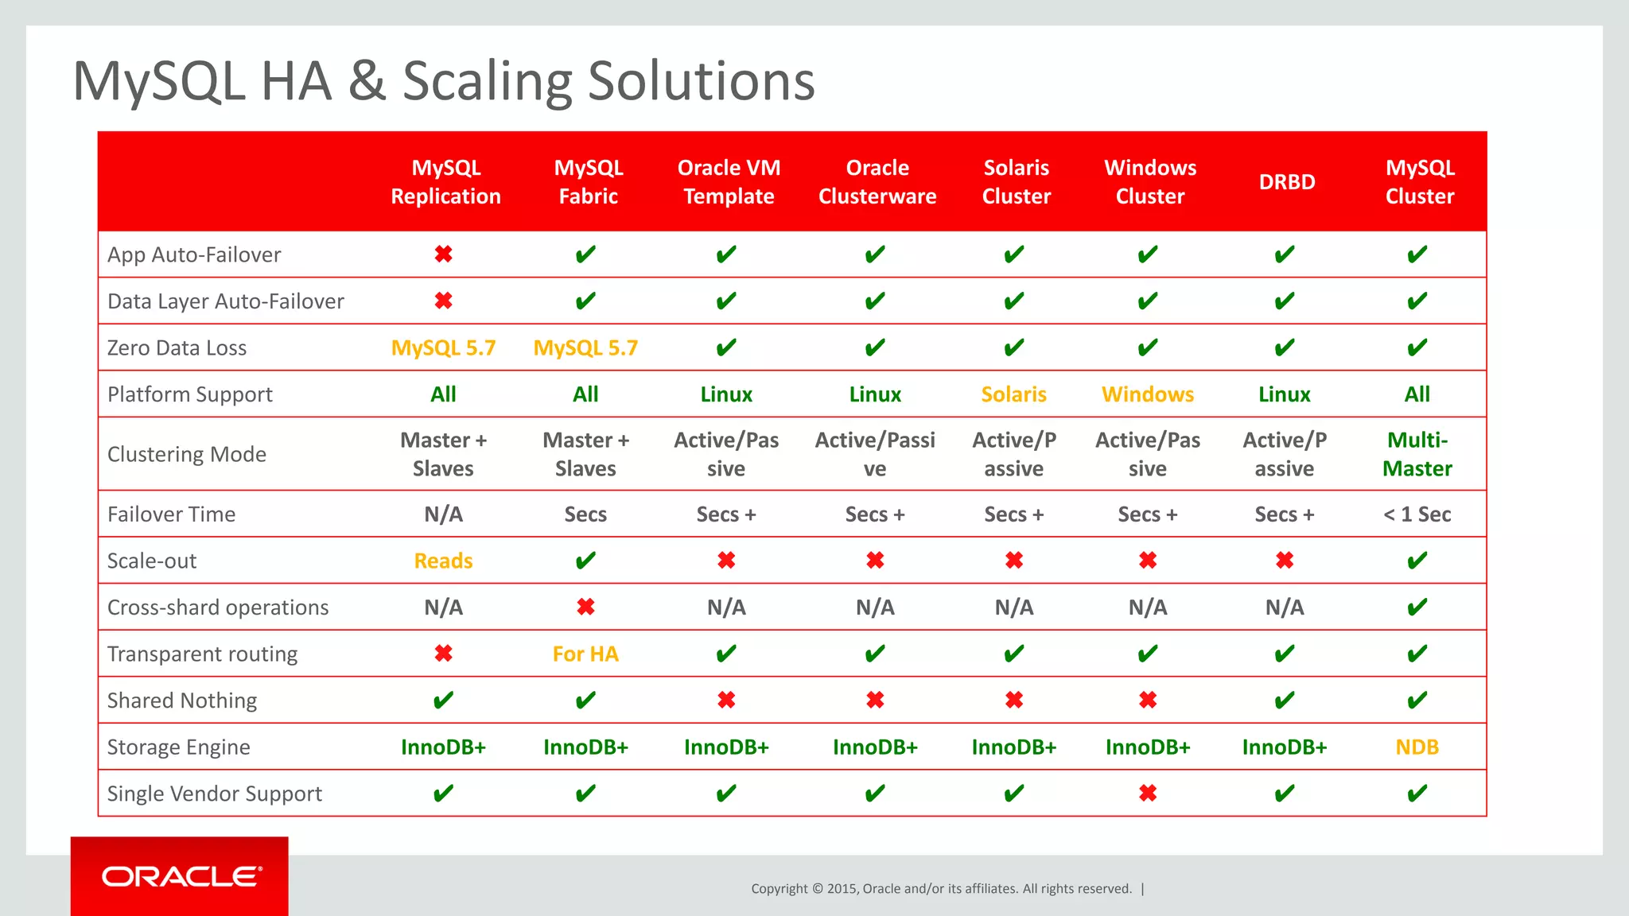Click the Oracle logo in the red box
[x=181, y=876]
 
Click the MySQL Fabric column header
[x=588, y=182]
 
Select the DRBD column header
[x=1286, y=182]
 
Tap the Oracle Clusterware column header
[x=877, y=182]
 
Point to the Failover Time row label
[x=171, y=514]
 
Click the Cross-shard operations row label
[x=217, y=607]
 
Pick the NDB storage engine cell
[x=1417, y=747]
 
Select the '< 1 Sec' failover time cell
[x=1417, y=514]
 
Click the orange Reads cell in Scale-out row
[x=443, y=561]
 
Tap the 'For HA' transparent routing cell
[x=585, y=654]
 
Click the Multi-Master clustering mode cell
[x=1417, y=454]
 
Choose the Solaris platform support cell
[x=1013, y=394]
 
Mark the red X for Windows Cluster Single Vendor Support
[x=1147, y=794]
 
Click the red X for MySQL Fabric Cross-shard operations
[x=585, y=607]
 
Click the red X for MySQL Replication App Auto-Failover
[x=443, y=254]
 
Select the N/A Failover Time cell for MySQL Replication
[x=443, y=514]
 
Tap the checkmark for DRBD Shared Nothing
[x=1284, y=701]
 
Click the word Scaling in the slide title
[x=486, y=81]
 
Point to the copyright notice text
[x=941, y=889]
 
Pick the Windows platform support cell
[x=1147, y=394]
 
